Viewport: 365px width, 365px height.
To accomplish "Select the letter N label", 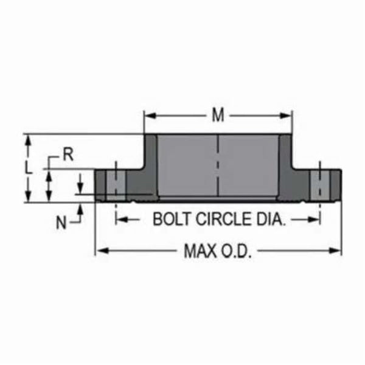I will point(61,223).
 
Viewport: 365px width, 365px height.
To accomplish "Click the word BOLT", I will point(170,219).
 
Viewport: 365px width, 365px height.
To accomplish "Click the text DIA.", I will point(271,219).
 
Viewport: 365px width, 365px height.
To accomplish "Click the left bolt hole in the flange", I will point(115,184).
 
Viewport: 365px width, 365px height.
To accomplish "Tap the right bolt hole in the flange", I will point(318,184).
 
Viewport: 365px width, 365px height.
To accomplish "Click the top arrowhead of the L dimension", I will point(28,138).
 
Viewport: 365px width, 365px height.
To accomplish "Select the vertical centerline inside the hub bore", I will point(218,164).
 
